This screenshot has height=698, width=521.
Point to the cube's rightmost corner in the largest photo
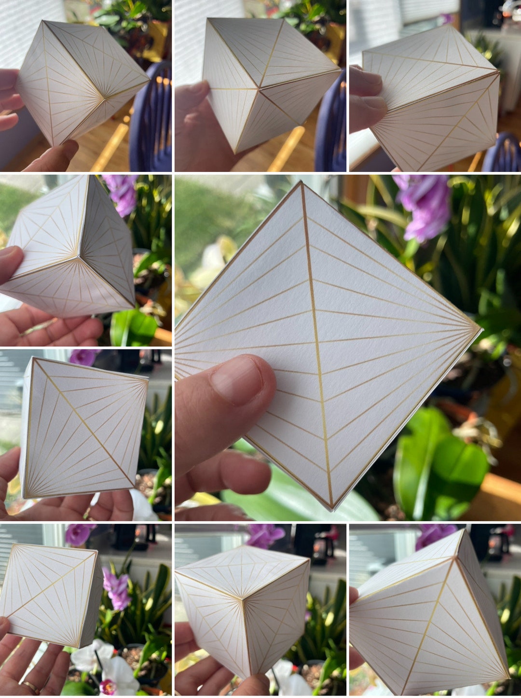(x=480, y=329)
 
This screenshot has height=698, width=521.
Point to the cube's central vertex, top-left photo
(x=104, y=99)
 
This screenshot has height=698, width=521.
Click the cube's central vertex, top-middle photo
(x=259, y=88)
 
